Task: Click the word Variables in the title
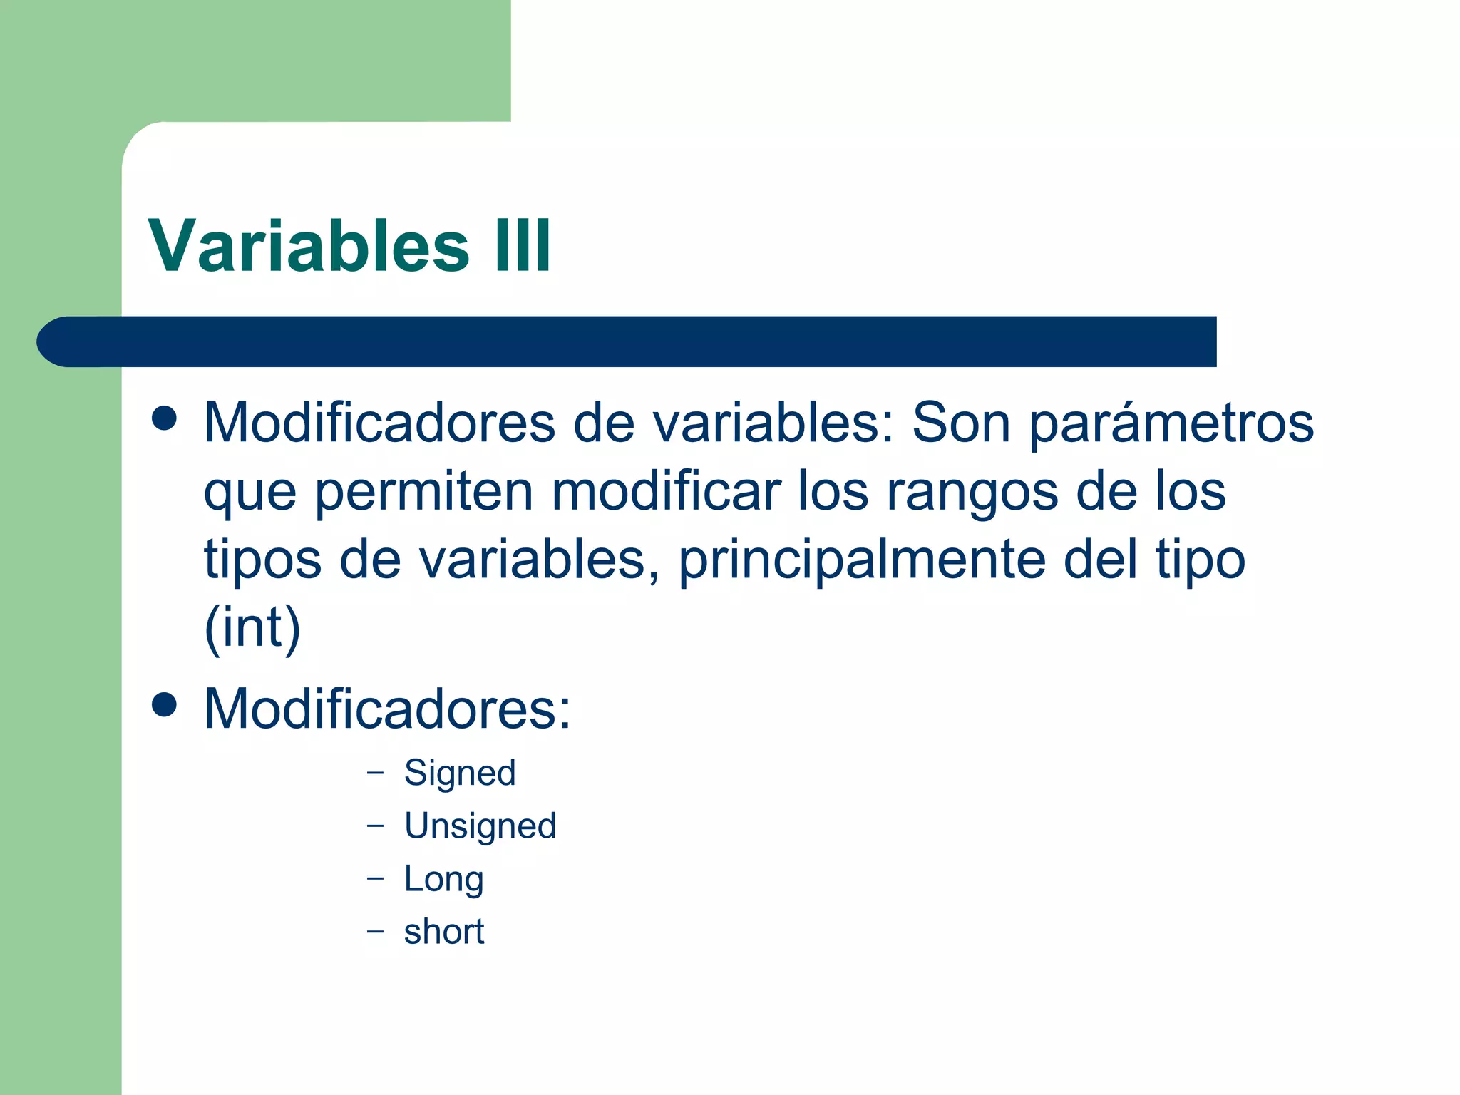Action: (308, 246)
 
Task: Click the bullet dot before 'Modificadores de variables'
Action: (164, 418)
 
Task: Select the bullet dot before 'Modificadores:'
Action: (164, 705)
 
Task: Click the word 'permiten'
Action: (423, 492)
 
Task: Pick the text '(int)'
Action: (252, 627)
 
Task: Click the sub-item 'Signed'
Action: (460, 773)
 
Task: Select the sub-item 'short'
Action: (443, 932)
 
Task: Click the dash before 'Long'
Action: (375, 878)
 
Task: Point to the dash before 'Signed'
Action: (375, 772)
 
